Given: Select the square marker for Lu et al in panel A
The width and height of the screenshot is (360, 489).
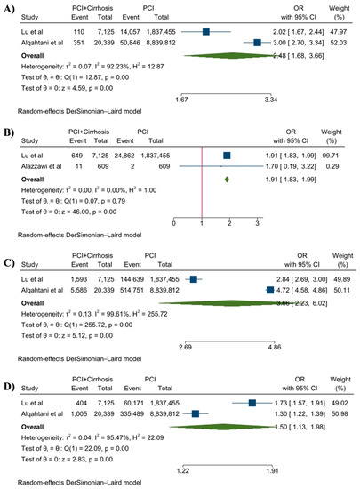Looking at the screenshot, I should pyautogui.click(x=206, y=31).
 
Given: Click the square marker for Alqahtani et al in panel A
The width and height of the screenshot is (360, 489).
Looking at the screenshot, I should pyautogui.click(x=257, y=42).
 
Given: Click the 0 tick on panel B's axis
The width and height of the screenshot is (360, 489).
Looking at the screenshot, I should pyautogui.click(x=174, y=220).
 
